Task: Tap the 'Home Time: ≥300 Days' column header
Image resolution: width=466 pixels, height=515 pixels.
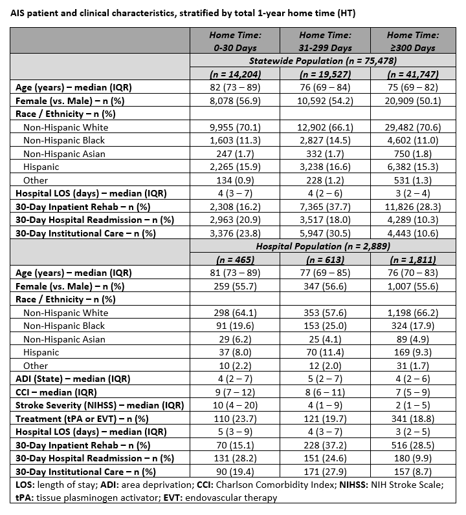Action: pos(412,41)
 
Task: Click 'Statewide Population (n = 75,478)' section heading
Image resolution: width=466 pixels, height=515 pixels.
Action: pos(324,60)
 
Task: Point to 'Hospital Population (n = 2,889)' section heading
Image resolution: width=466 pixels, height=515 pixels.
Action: pos(324,246)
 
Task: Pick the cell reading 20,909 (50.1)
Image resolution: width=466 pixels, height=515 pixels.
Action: pos(412,100)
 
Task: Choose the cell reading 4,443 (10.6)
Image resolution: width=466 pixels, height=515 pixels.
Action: pos(412,233)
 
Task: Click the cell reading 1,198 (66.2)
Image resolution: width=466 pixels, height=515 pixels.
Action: pos(412,312)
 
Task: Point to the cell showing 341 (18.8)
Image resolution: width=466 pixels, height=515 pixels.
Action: pos(412,418)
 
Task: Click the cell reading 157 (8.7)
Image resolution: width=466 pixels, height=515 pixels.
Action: pos(412,471)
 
